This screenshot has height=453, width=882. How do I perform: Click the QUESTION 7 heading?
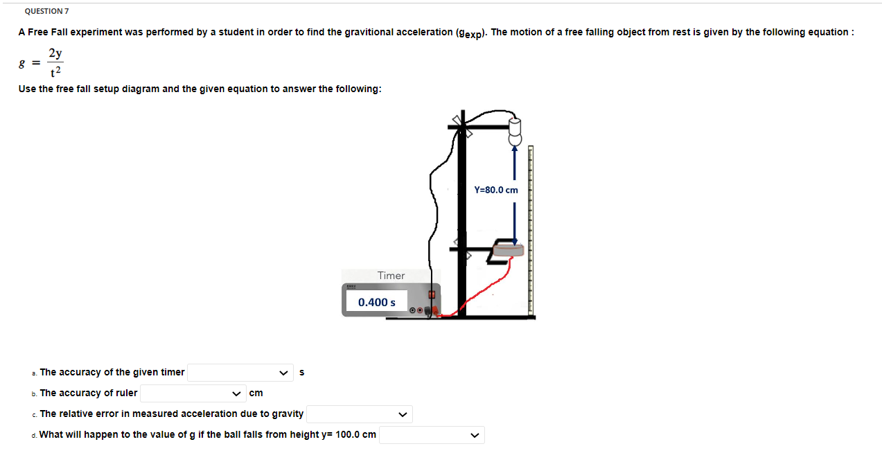coord(46,12)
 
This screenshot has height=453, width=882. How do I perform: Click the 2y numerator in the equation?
coord(56,53)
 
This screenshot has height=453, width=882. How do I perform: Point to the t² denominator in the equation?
coord(56,71)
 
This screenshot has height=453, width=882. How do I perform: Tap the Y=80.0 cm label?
coord(496,190)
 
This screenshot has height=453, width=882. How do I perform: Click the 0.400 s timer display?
coord(377,302)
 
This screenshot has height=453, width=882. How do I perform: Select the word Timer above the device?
coord(391,276)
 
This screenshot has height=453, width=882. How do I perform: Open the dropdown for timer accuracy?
coord(240,373)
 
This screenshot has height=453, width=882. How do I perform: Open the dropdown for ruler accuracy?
coord(193,393)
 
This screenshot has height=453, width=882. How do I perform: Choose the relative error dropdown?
coord(359,414)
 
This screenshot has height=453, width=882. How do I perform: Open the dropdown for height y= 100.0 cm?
coord(431,435)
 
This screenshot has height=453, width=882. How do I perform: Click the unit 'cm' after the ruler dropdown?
coord(256,393)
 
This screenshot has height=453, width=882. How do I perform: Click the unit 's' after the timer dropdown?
coord(301,373)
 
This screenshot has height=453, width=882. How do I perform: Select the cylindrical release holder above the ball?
coord(515,125)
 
